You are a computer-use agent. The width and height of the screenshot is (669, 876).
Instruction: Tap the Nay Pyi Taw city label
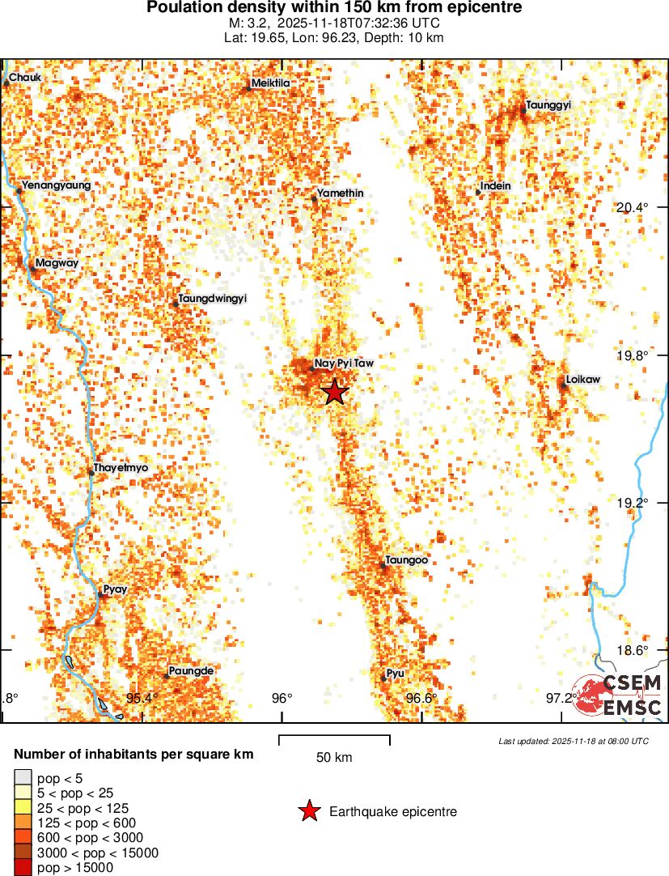[344, 364]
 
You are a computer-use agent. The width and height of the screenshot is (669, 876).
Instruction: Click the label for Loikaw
[584, 380]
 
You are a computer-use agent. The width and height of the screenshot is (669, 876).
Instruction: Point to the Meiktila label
[271, 83]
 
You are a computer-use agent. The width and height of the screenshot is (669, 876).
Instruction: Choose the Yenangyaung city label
[56, 185]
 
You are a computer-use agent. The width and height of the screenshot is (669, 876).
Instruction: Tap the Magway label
[51, 262]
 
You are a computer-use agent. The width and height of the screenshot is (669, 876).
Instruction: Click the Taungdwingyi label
[212, 299]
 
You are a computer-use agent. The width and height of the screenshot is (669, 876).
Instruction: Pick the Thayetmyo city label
[121, 468]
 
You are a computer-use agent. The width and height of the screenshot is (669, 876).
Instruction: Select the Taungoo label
[407, 560]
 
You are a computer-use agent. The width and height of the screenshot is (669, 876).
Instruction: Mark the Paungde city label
[192, 671]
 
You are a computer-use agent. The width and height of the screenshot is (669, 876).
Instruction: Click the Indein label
[495, 186]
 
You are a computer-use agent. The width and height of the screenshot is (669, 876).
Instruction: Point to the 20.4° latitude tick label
[632, 207]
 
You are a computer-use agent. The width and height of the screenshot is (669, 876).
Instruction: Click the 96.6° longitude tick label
[421, 698]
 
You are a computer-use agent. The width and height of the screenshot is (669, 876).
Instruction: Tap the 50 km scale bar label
[334, 758]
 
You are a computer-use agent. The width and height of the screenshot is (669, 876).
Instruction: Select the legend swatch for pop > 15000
[24, 867]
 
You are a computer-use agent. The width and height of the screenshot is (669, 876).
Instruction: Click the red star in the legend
[310, 811]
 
